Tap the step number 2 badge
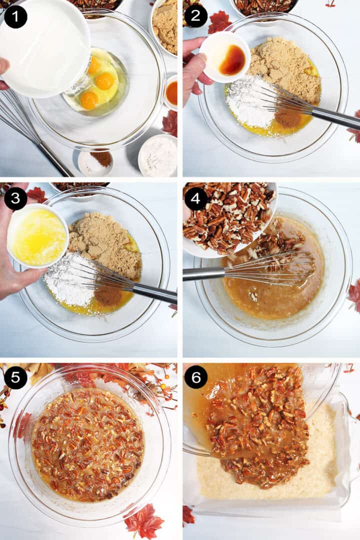196,16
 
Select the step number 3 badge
16,198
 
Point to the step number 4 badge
196,198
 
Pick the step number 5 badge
16,378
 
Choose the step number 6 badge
196,378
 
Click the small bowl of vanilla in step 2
224,57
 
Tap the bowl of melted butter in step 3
38,235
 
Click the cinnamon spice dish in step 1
95,162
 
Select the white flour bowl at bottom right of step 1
158,155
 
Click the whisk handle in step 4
204,273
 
